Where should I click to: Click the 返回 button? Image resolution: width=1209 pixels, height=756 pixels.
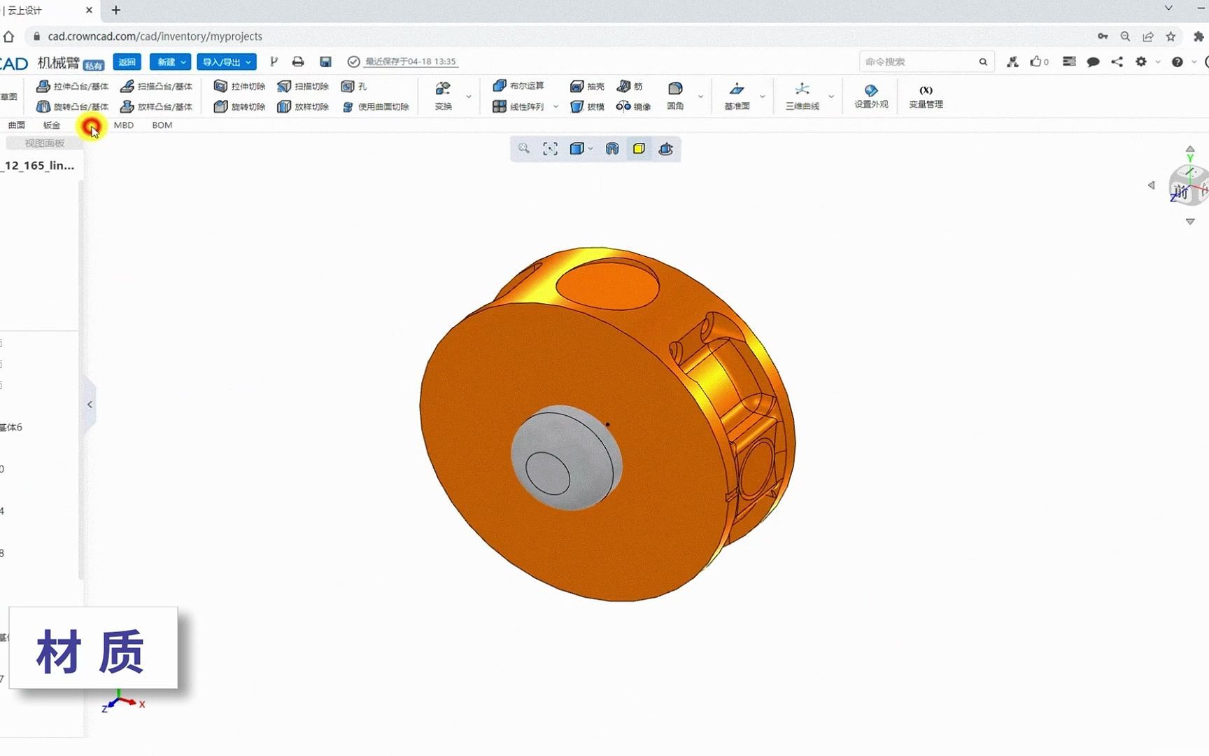coord(127,62)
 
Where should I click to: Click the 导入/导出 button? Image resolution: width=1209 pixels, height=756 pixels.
coord(226,62)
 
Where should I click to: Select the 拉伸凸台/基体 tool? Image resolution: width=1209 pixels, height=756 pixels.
coord(73,86)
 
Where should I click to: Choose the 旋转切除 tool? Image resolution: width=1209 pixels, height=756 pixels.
coord(239,106)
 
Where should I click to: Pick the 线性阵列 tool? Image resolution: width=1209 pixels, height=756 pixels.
coord(518,106)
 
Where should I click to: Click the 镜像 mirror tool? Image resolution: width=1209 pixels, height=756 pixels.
coord(633,106)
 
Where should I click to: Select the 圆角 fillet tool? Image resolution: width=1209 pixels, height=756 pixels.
coord(675,96)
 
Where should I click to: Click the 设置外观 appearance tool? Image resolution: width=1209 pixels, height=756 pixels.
coord(871,96)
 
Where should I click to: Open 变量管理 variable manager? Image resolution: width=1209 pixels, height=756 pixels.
coord(926,96)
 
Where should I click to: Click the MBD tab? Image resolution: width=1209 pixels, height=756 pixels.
coord(124,125)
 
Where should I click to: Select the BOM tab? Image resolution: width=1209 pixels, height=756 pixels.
coord(162,125)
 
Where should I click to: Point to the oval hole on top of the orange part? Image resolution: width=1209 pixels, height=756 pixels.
coord(607,283)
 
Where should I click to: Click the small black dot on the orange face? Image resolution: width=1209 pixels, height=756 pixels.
coord(607,424)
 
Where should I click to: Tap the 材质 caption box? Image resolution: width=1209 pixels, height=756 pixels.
coord(93,648)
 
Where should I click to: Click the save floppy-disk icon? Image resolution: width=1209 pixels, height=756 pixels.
coord(325,62)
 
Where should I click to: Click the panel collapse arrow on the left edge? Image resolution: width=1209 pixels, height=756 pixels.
coord(90,405)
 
